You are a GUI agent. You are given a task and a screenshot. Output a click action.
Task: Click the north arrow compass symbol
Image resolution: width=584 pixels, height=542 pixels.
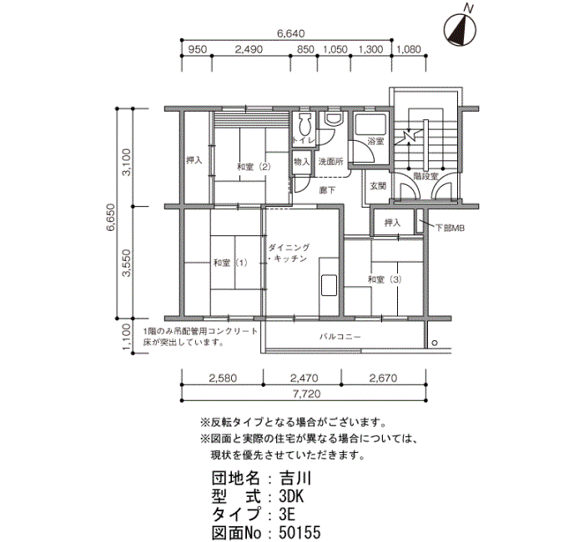[x=461, y=31]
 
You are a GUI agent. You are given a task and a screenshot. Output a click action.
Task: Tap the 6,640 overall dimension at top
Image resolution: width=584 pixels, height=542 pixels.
[x=290, y=34]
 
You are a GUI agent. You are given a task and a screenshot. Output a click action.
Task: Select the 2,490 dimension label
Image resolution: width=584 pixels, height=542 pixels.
[x=249, y=49]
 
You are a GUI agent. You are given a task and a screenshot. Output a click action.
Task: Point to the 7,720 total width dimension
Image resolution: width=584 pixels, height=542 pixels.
[x=306, y=394]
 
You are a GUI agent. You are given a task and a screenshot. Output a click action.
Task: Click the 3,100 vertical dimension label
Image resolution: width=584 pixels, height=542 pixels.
[x=127, y=163]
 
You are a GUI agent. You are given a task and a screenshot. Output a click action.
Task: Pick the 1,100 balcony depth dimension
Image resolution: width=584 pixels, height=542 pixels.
[x=127, y=337]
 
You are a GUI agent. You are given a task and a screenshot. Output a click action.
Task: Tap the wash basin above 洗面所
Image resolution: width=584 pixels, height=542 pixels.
[x=333, y=118]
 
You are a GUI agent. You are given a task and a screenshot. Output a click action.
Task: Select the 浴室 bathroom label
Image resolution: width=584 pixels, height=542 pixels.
[x=375, y=142]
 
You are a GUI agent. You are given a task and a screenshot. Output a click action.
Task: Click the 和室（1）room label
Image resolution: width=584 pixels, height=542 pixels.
[x=230, y=263]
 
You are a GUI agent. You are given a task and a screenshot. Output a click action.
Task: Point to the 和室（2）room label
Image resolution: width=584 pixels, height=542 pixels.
[x=254, y=167]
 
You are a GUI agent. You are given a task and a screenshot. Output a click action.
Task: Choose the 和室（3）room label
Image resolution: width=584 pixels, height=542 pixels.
[x=385, y=279]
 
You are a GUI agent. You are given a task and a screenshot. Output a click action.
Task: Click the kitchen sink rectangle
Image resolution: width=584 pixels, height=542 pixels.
[x=329, y=285]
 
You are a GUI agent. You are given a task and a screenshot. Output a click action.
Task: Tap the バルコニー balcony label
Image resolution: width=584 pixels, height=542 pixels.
[x=340, y=337]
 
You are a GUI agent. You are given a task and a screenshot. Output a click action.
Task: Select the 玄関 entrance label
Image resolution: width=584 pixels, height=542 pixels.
[x=378, y=186]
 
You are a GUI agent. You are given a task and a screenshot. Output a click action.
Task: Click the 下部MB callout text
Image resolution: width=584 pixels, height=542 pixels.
[x=450, y=228]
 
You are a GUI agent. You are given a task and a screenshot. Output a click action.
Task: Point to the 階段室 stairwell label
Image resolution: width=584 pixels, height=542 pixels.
[x=426, y=176]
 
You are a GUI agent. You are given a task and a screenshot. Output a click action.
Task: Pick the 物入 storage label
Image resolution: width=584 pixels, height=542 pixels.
[x=302, y=162]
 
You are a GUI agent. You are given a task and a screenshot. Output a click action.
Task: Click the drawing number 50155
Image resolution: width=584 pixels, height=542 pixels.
[x=300, y=533]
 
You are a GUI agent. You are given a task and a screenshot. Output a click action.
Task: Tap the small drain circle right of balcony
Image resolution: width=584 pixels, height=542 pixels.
[x=435, y=344]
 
